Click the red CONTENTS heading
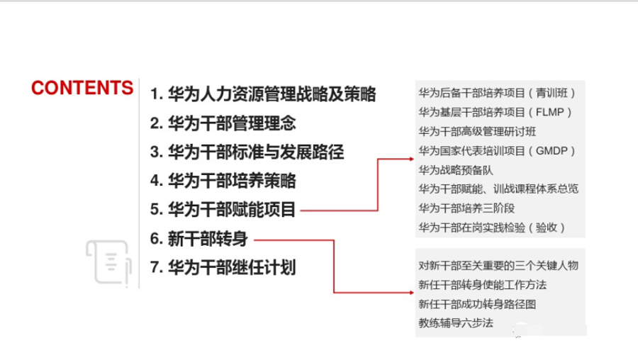tap(82, 88)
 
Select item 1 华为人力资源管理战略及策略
tap(263, 94)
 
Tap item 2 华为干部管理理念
tap(223, 123)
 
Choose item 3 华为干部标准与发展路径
tap(247, 152)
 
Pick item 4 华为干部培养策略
tap(223, 181)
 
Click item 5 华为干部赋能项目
tap(223, 210)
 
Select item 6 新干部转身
tap(198, 239)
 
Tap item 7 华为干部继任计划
tap(223, 267)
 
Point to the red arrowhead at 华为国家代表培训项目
tap(410, 159)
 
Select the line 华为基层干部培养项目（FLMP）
tap(495, 112)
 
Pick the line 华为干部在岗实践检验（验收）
tap(492, 227)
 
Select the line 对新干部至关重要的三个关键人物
tap(498, 266)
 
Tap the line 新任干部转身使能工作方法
tap(482, 285)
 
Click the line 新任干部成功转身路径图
tap(477, 304)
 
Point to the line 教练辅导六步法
tap(455, 323)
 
